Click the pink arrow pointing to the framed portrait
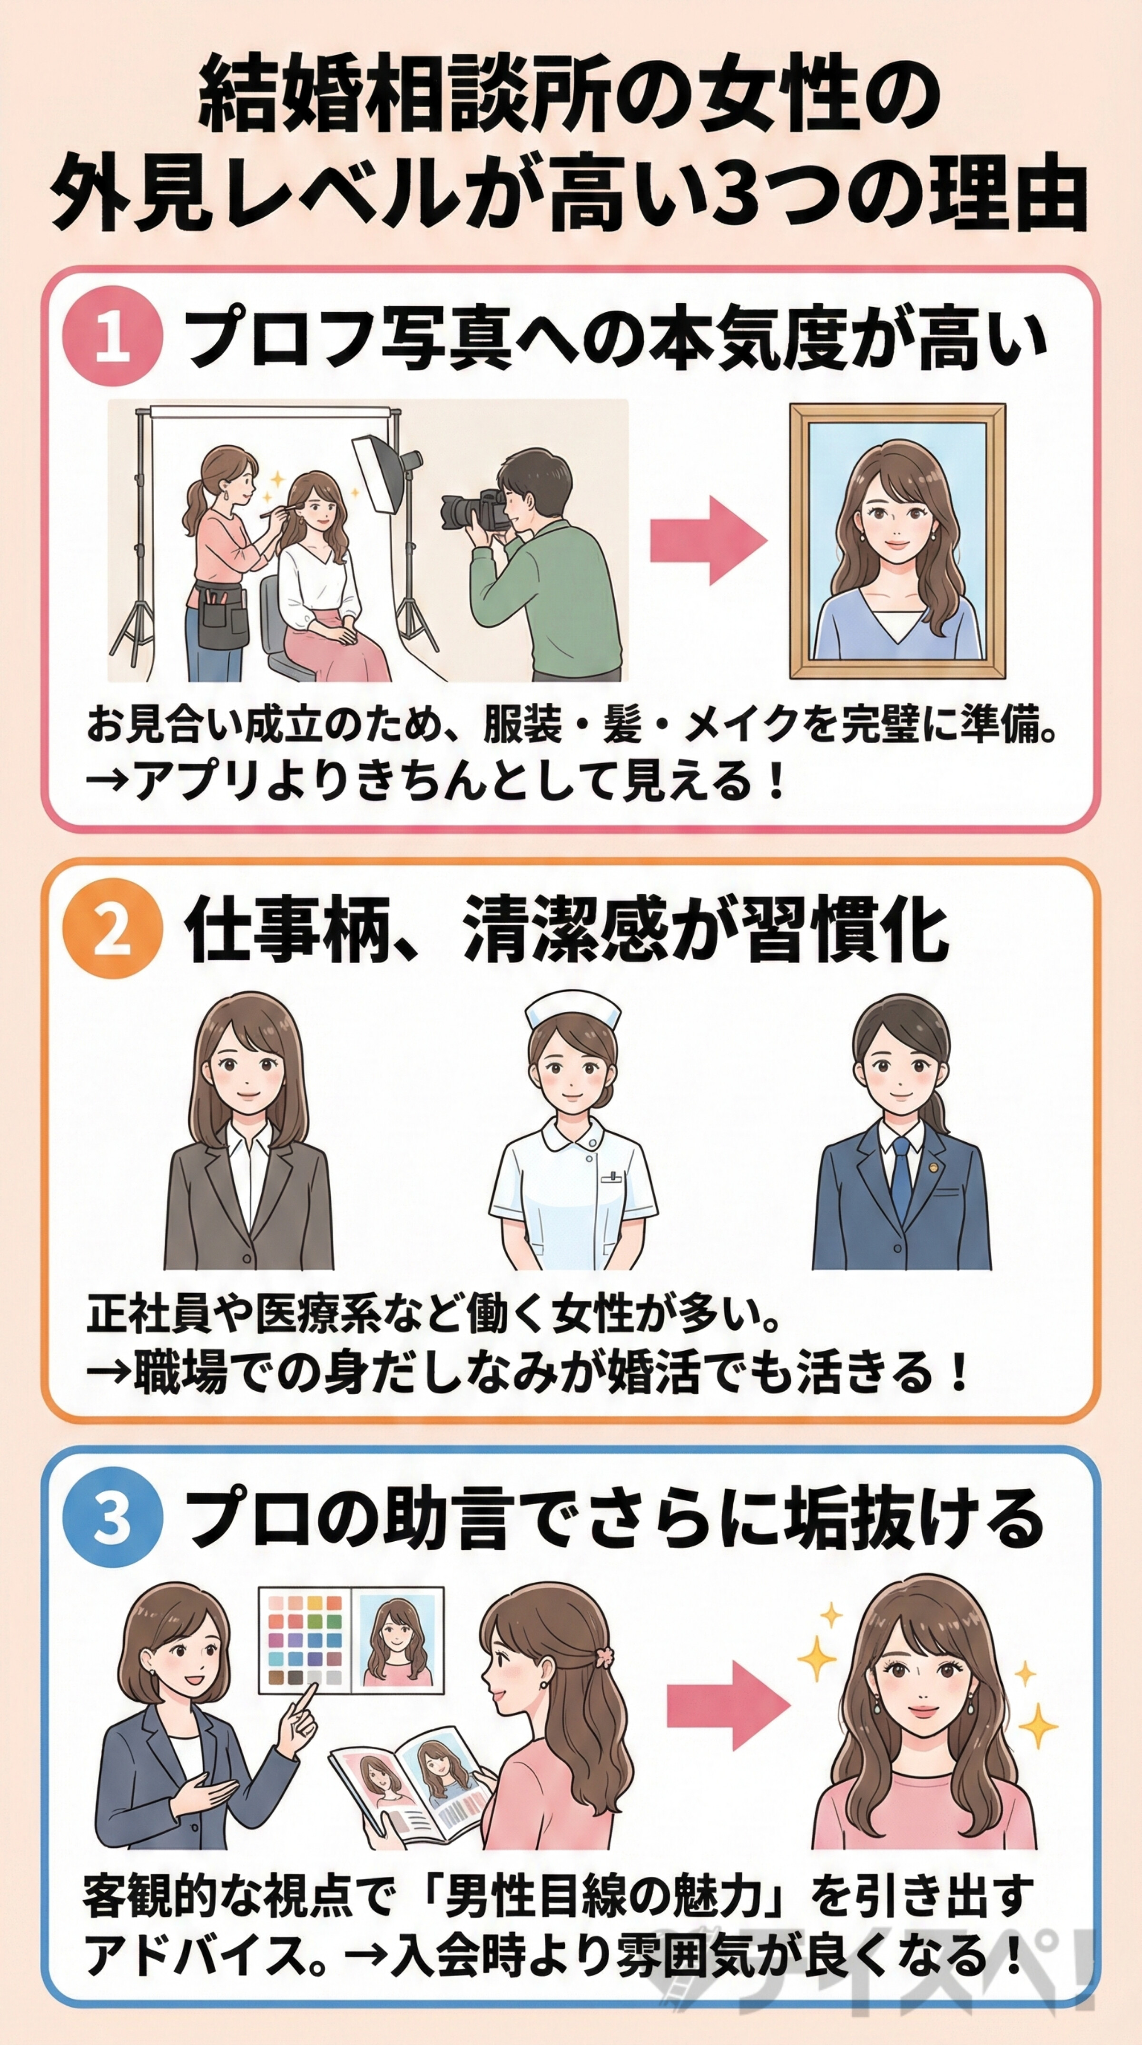708,540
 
